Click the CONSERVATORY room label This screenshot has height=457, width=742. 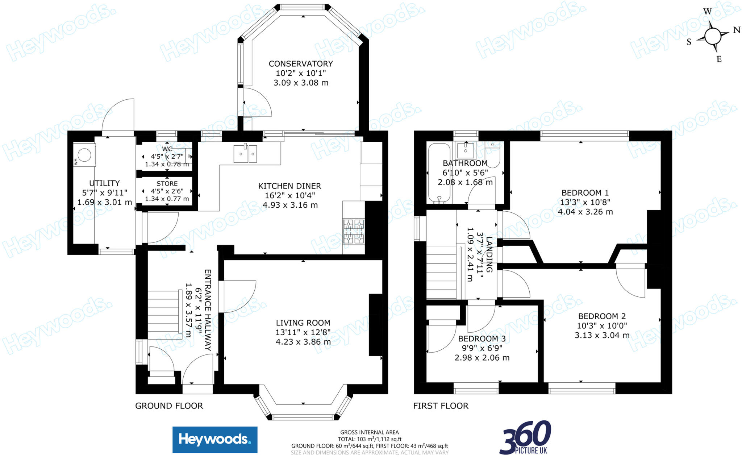(x=300, y=64)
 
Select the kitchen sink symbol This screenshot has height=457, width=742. (x=245, y=154)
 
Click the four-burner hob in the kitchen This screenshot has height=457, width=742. (x=354, y=231)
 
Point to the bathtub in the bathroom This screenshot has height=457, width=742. (x=439, y=173)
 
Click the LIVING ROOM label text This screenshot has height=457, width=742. (x=303, y=323)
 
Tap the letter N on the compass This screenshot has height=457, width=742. (x=737, y=30)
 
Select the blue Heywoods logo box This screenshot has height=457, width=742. (x=215, y=440)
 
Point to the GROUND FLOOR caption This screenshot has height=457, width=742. (x=169, y=406)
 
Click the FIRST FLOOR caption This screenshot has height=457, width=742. (x=441, y=406)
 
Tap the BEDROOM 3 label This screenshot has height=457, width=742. (x=482, y=339)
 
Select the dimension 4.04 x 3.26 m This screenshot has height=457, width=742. (x=585, y=212)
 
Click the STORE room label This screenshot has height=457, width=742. (x=167, y=184)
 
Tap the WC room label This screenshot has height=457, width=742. (x=167, y=149)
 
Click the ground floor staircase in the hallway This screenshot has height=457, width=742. (x=164, y=313)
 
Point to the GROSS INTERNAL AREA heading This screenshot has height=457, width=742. (x=369, y=432)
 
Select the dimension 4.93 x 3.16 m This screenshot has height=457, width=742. (x=290, y=205)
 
